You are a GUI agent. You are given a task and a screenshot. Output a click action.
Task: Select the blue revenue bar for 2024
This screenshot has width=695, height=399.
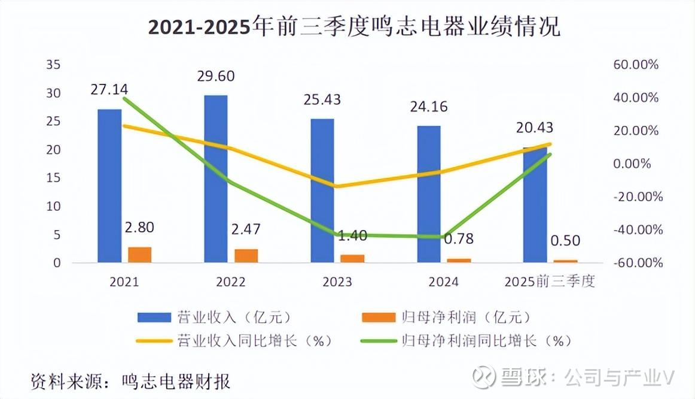pos(429,194)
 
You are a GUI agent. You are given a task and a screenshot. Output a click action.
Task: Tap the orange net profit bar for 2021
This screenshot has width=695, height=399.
pos(140,255)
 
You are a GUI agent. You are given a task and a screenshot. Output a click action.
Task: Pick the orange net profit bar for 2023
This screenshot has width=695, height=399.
pos(352,258)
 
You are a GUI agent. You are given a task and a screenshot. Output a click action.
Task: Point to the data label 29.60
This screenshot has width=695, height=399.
pos(217,76)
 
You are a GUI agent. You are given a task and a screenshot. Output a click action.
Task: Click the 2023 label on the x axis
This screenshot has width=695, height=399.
pos(337,282)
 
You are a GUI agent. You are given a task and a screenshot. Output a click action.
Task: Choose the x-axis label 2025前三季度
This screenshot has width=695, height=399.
pos(550,282)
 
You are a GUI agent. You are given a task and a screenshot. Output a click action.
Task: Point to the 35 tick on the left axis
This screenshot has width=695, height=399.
pos(53,65)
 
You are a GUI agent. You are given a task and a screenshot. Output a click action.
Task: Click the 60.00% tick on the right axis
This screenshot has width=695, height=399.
pos(636,65)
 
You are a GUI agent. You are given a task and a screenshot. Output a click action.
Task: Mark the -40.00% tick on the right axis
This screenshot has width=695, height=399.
pos(636,230)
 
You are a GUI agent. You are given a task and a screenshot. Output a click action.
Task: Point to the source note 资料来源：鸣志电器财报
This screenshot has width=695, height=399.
pos(131,381)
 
